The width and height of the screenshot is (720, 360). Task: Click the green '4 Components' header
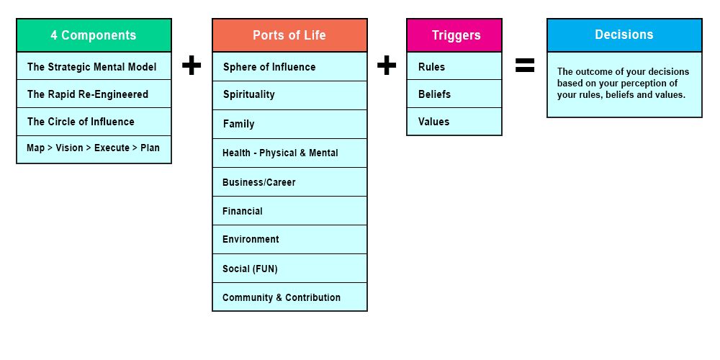coord(94,35)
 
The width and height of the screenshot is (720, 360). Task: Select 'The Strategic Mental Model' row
coord(94,66)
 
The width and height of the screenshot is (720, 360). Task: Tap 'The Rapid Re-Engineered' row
coord(94,94)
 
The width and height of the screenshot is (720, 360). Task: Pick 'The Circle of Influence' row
coord(94,122)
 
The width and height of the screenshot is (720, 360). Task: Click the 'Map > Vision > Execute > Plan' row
coord(94,149)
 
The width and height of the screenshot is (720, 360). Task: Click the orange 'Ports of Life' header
coord(289,35)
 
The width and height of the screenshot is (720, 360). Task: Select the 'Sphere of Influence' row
coord(289,66)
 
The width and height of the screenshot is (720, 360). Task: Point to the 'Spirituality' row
coord(289,94)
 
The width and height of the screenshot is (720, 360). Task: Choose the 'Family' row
coord(289,124)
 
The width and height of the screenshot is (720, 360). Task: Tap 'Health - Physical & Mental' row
coord(289,153)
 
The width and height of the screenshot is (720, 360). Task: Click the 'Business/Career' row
coord(289,182)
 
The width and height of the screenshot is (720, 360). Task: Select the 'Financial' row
coord(289,211)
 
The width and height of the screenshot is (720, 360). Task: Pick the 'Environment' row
coord(289,239)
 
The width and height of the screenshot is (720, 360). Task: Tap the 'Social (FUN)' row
coord(289,269)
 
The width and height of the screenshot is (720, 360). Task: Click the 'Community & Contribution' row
coord(289,297)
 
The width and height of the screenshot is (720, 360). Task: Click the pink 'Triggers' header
coord(454,35)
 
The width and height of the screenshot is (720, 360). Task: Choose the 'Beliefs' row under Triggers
coord(454,94)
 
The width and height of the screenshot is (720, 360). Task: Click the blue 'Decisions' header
coord(624,35)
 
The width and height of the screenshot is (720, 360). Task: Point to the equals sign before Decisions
coord(525,66)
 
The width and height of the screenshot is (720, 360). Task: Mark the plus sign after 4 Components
coord(192,66)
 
